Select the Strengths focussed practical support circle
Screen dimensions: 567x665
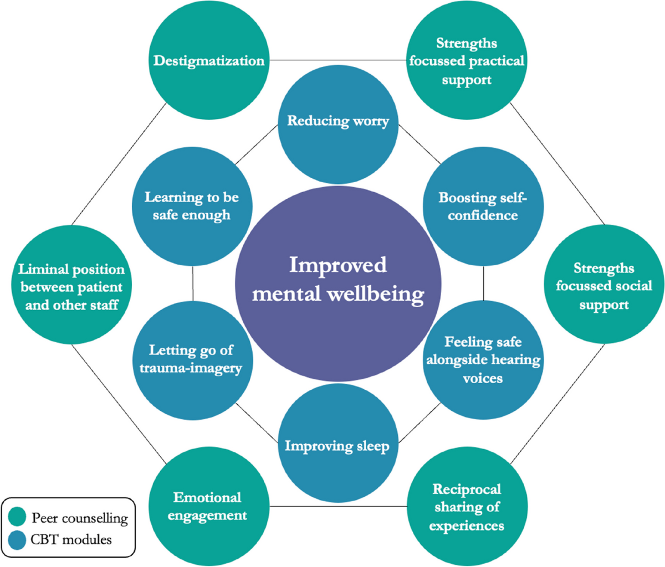coord(466,61)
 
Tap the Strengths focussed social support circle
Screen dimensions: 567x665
coord(603,286)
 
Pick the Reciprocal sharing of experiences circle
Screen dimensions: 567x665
coord(466,507)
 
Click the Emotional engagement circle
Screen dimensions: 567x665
coord(207,507)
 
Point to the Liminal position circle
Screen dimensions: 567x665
coord(71,286)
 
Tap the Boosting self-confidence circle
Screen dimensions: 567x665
coord(482,206)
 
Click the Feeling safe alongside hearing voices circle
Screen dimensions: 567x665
coord(482,360)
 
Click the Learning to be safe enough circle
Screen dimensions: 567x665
coord(191,206)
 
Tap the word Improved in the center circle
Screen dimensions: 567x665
coord(337,265)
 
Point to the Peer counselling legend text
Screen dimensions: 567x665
coord(79,518)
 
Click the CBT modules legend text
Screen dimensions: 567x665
coord(71,539)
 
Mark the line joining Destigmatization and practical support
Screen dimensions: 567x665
coord(337,60)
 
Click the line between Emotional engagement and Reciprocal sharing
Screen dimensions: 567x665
coord(337,506)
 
